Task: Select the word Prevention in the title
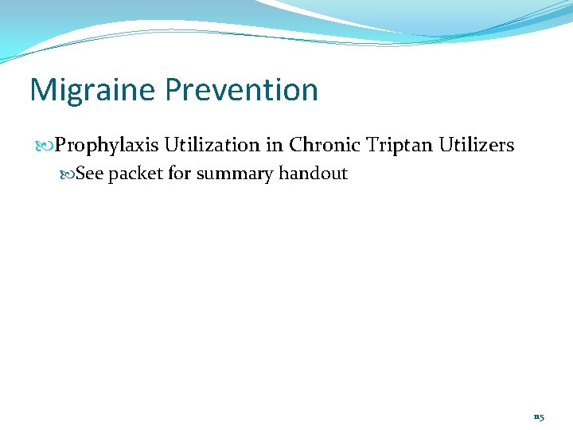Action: (x=242, y=90)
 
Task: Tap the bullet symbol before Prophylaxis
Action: (x=45, y=146)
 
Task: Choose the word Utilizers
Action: (x=476, y=145)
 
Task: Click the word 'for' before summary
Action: (x=180, y=174)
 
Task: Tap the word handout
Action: (x=314, y=174)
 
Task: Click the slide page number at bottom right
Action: (x=539, y=416)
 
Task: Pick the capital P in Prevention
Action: (x=173, y=90)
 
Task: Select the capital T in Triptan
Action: (x=372, y=145)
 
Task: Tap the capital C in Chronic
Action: (x=295, y=145)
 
